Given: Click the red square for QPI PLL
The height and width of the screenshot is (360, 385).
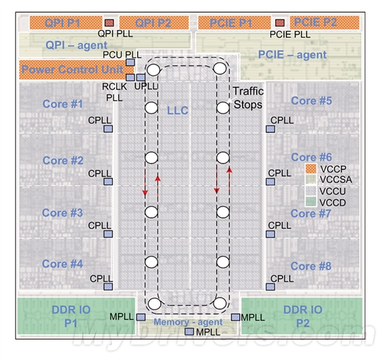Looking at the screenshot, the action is click(x=109, y=23).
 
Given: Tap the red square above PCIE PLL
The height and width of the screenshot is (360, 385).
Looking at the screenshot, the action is click(x=280, y=23).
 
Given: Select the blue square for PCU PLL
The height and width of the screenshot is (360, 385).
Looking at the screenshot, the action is click(x=130, y=62).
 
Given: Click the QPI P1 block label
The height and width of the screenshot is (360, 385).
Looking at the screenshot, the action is click(x=62, y=23).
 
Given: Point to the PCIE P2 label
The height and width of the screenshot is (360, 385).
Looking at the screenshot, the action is click(x=315, y=22).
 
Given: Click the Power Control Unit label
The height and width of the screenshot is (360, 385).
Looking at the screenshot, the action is click(x=72, y=69).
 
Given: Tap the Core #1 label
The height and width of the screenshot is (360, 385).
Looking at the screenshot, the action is click(x=62, y=104).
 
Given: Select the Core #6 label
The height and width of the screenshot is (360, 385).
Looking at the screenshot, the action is click(x=311, y=158).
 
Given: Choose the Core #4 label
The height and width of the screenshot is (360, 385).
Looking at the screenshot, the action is click(x=62, y=264).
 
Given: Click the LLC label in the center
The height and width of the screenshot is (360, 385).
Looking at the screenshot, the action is click(x=178, y=111).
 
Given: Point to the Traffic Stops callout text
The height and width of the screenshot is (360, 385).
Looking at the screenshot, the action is click(x=248, y=98).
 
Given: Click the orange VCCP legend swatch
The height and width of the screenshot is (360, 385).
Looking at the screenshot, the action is click(x=311, y=169).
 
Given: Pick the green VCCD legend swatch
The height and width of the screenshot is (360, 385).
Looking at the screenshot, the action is click(x=311, y=202).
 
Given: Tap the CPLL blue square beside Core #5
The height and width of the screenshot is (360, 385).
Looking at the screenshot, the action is click(x=271, y=129).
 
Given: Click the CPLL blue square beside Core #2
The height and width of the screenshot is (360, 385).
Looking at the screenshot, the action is click(x=108, y=181).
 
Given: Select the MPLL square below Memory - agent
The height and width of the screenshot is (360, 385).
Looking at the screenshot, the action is click(x=189, y=332).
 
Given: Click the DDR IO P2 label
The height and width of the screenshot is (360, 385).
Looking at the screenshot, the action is click(x=302, y=317).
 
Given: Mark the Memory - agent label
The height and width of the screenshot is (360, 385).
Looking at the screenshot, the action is click(x=188, y=322).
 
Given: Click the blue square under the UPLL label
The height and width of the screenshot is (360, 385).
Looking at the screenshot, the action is click(x=141, y=78).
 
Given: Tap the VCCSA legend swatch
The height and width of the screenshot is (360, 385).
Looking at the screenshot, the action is click(x=311, y=179).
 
